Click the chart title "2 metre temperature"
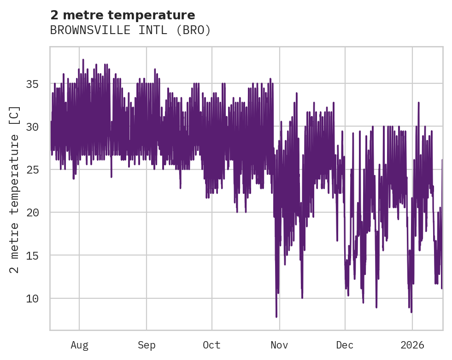click(x=123, y=15)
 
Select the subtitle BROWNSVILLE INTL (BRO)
click(x=130, y=30)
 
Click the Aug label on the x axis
click(x=79, y=345)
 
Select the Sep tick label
click(x=147, y=345)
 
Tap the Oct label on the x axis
click(x=212, y=345)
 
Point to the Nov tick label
click(x=279, y=345)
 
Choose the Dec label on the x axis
click(x=345, y=345)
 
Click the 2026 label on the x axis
click(x=412, y=345)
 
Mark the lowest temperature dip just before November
click(x=276, y=316)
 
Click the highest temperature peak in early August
click(x=83, y=60)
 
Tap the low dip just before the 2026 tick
click(x=411, y=312)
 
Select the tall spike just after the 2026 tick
click(x=418, y=103)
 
